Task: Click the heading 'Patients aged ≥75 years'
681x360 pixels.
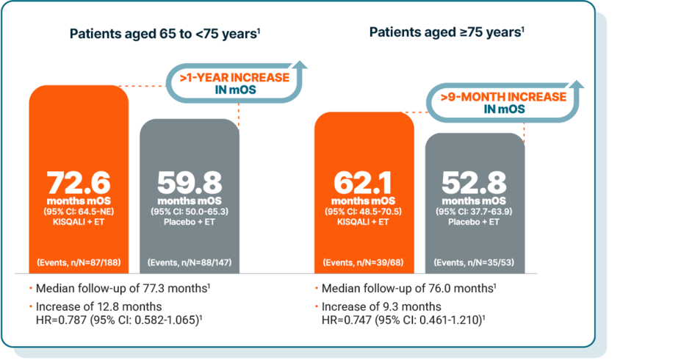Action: pos(447,32)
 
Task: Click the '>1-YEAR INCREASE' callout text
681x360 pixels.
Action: pos(231,78)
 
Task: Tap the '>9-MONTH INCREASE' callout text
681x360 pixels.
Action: pos(504,97)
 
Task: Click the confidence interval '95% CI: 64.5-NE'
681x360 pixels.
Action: pos(79,212)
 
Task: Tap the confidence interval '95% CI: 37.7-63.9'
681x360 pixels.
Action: pos(475,212)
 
